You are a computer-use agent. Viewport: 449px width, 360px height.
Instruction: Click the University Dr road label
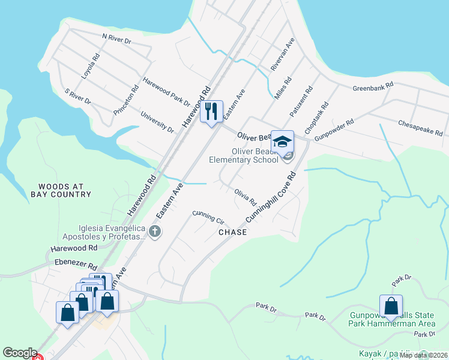click(157, 122)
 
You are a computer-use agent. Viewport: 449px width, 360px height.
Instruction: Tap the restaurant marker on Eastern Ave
click(211, 112)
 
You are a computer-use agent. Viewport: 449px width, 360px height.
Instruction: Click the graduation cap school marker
click(282, 142)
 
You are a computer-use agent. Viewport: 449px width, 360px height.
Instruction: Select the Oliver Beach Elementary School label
click(244, 155)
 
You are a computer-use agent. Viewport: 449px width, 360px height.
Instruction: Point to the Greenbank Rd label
click(373, 86)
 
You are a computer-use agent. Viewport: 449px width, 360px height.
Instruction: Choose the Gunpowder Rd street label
click(334, 131)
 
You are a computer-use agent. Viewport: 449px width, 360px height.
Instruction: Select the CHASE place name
click(232, 232)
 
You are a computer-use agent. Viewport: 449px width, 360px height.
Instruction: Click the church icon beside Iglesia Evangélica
click(155, 232)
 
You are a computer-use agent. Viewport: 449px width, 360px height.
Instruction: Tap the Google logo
click(20, 353)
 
